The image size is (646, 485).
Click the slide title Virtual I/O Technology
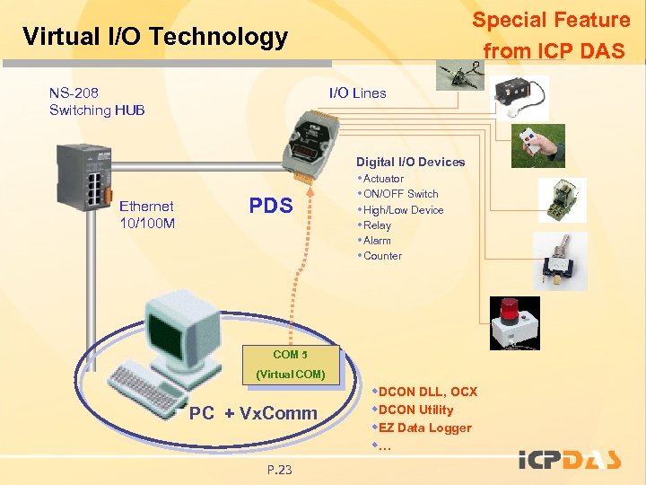click(155, 37)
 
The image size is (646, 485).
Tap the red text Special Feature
click(551, 20)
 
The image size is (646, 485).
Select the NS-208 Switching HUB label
click(97, 101)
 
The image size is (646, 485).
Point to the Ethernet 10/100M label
click(147, 214)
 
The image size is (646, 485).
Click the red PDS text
click(271, 206)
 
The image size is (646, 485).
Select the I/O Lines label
click(357, 93)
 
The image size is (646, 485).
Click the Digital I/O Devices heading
click(410, 162)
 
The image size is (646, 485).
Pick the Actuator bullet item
click(383, 179)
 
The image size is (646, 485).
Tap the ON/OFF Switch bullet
click(400, 194)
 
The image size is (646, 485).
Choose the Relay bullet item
click(377, 225)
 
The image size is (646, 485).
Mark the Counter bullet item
click(382, 256)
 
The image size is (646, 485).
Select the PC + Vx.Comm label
click(254, 413)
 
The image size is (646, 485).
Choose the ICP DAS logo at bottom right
click(570, 460)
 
